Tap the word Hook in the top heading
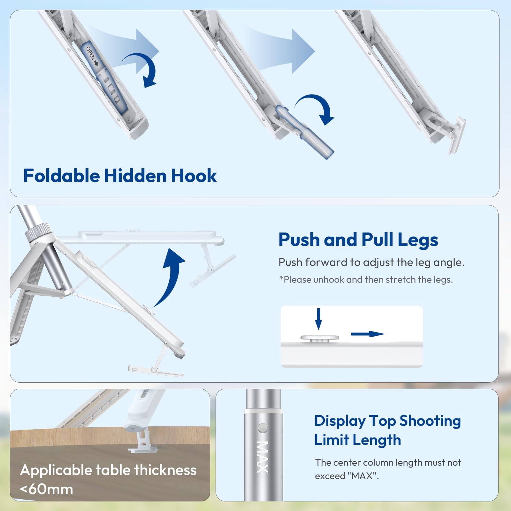pyautogui.click(x=194, y=176)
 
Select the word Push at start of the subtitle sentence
pyautogui.click(x=290, y=263)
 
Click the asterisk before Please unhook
pyautogui.click(x=281, y=279)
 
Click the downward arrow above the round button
pyautogui.click(x=318, y=319)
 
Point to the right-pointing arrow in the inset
pyautogui.click(x=367, y=334)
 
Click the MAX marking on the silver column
pyautogui.click(x=263, y=457)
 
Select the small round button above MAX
pyautogui.click(x=263, y=428)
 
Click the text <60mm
pyautogui.click(x=47, y=489)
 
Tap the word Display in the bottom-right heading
pyautogui.click(x=340, y=421)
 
